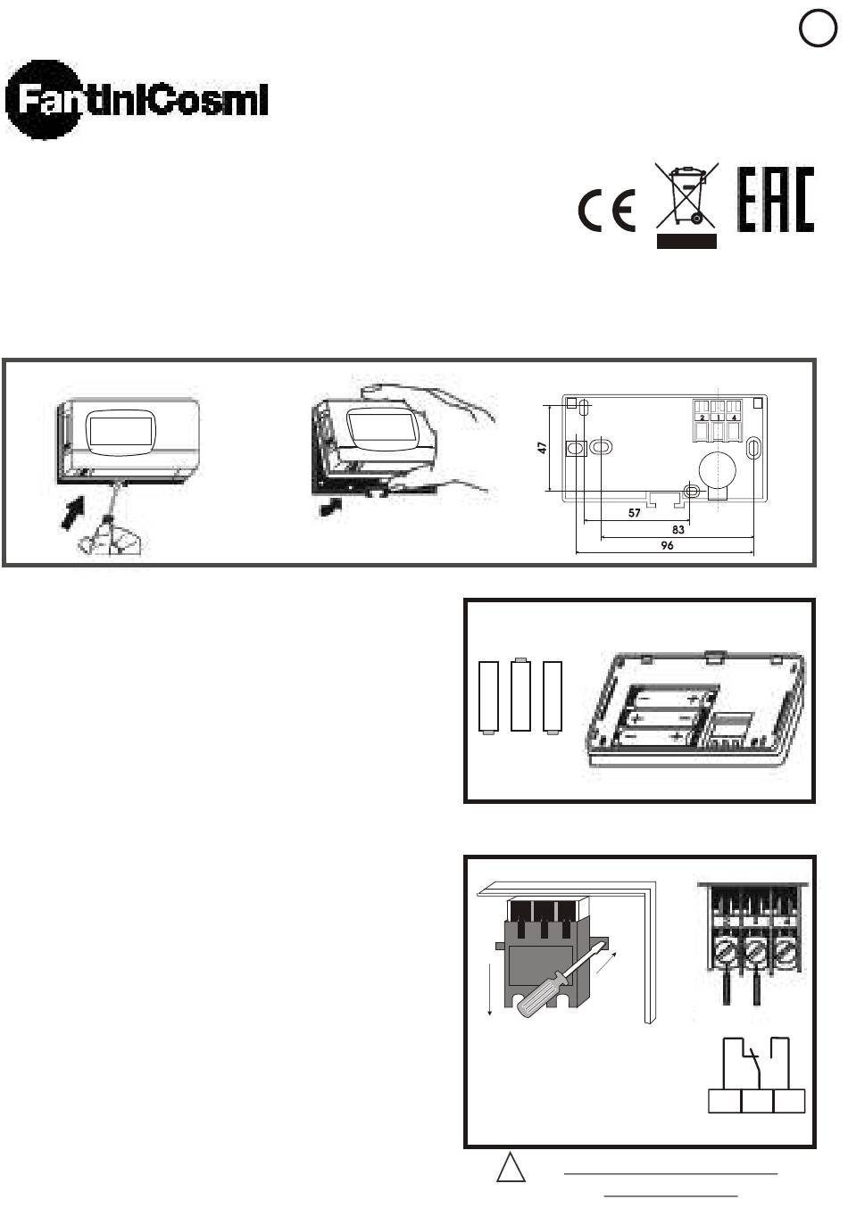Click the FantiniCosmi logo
(x=136, y=100)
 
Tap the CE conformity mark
(x=607, y=211)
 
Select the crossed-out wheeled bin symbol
(x=686, y=205)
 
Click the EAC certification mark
(x=775, y=199)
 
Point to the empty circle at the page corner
(x=818, y=28)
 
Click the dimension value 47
(x=542, y=448)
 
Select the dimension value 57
(x=634, y=513)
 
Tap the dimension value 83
(x=678, y=529)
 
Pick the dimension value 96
(x=667, y=545)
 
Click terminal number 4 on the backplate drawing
(x=734, y=418)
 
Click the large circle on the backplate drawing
(x=718, y=470)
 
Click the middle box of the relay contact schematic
(x=757, y=1101)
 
